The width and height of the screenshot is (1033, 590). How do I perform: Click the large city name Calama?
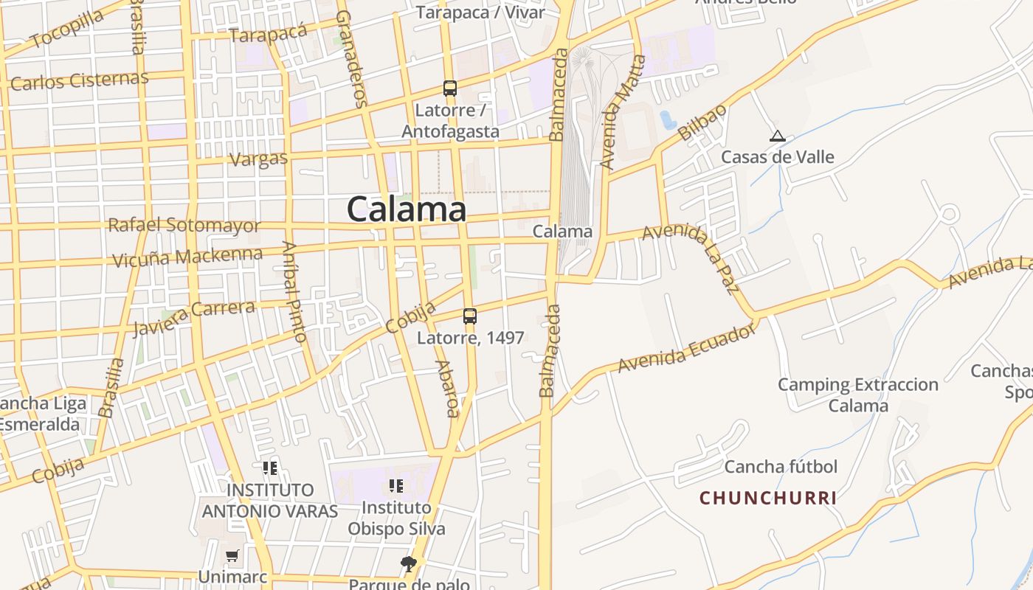tap(407, 209)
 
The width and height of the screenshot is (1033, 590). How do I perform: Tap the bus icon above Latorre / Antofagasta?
tap(450, 88)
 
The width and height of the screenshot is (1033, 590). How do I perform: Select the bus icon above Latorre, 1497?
tap(470, 316)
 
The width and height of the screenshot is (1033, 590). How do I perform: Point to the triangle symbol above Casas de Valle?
tap(777, 136)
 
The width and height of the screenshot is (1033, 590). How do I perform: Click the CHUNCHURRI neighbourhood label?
tap(768, 499)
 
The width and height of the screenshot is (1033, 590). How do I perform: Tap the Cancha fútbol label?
tap(781, 467)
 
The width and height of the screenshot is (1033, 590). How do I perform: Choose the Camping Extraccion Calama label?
tap(858, 395)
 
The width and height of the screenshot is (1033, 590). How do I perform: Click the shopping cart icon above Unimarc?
tap(232, 555)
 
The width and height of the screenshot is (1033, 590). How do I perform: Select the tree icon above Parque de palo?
tap(409, 565)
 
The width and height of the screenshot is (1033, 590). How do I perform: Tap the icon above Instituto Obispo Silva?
tap(396, 486)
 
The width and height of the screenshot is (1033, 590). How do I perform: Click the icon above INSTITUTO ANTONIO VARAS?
tap(270, 468)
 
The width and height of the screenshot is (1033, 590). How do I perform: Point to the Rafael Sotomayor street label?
tap(184, 225)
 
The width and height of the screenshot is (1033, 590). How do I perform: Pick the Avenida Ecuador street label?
tap(687, 349)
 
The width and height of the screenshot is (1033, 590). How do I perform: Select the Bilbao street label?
tap(702, 122)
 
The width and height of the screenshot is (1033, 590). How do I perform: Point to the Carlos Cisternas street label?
tap(80, 80)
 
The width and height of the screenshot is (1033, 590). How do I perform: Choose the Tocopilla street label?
tap(68, 29)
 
